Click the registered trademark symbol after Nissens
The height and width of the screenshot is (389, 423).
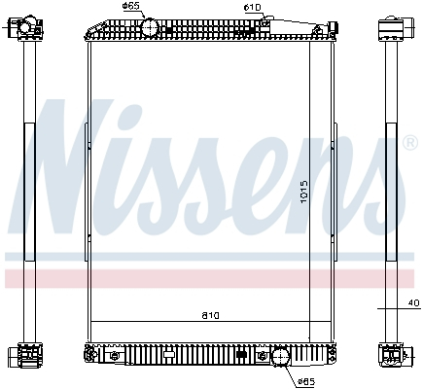409,143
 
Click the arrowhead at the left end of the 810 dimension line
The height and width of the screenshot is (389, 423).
93,322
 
